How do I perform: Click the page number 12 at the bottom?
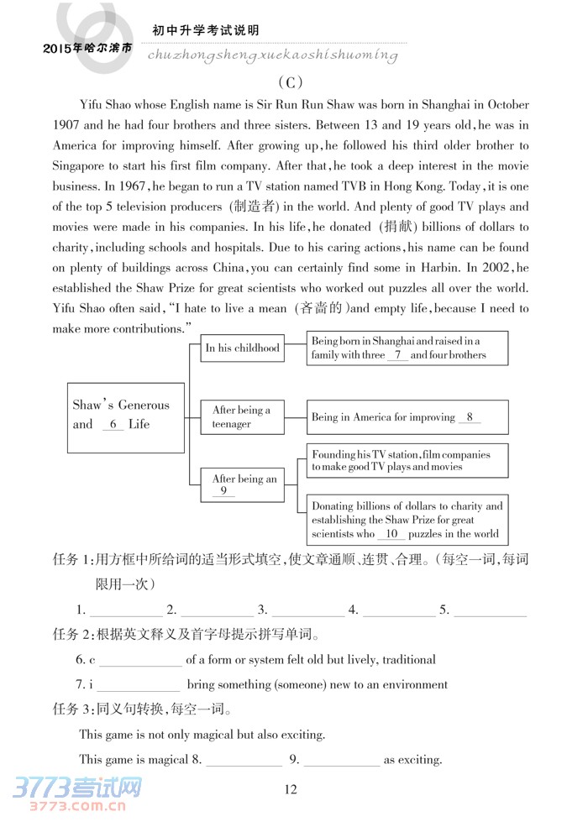click(291, 788)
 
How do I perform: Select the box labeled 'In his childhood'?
click(243, 348)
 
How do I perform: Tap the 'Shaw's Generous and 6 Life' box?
click(125, 416)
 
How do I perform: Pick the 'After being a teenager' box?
click(242, 417)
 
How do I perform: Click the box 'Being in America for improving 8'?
click(407, 417)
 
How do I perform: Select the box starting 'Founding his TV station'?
click(407, 461)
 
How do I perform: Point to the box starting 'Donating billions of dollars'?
click(407, 520)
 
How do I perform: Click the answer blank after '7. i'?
click(140, 685)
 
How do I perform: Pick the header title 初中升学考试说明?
click(205, 31)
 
